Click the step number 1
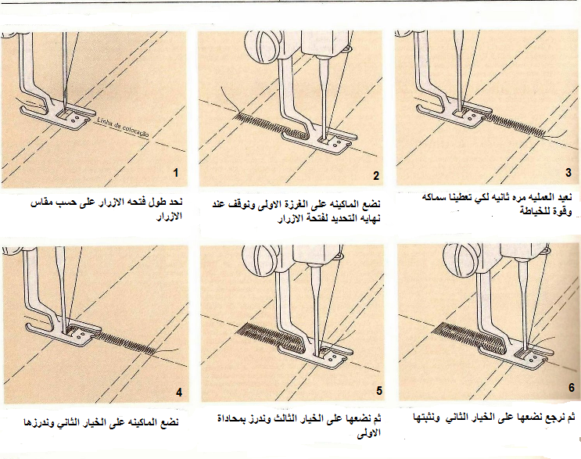pyautogui.click(x=176, y=173)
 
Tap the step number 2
pyautogui.click(x=376, y=176)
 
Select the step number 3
pyautogui.click(x=568, y=173)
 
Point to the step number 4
pyautogui.click(x=179, y=393)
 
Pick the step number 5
pyautogui.click(x=379, y=391)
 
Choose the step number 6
pyautogui.click(x=572, y=388)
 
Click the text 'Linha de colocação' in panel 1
pyautogui.click(x=122, y=127)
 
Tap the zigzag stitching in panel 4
pyautogui.click(x=125, y=342)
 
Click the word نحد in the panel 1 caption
pyautogui.click(x=174, y=202)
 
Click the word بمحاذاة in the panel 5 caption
pyautogui.click(x=231, y=419)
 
